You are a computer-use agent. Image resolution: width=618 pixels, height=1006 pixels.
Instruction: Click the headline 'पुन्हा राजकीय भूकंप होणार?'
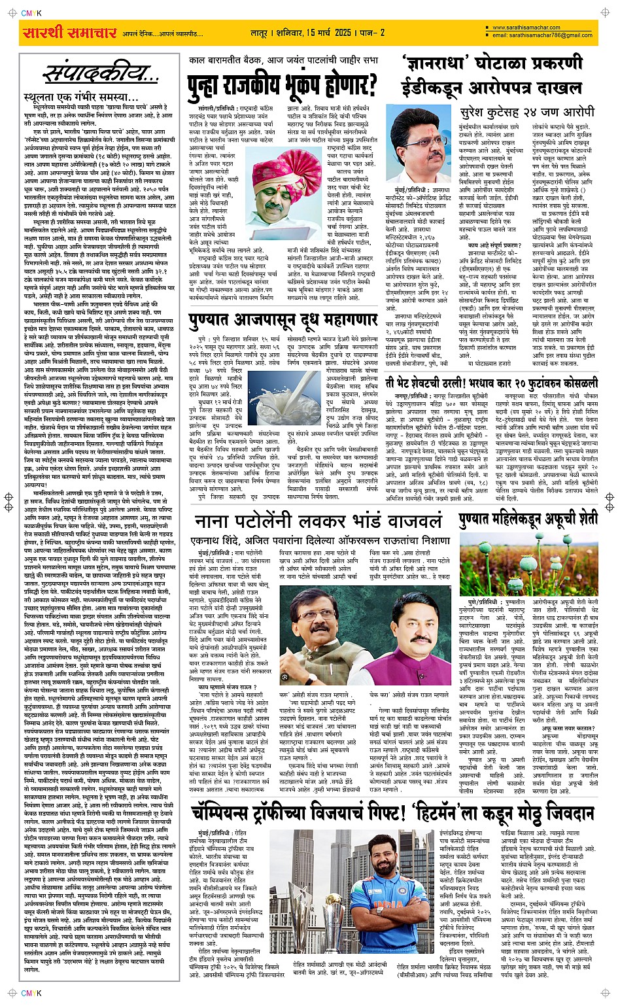283,84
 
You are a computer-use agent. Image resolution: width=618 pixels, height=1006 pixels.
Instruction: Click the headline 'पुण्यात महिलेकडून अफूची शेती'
528,519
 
